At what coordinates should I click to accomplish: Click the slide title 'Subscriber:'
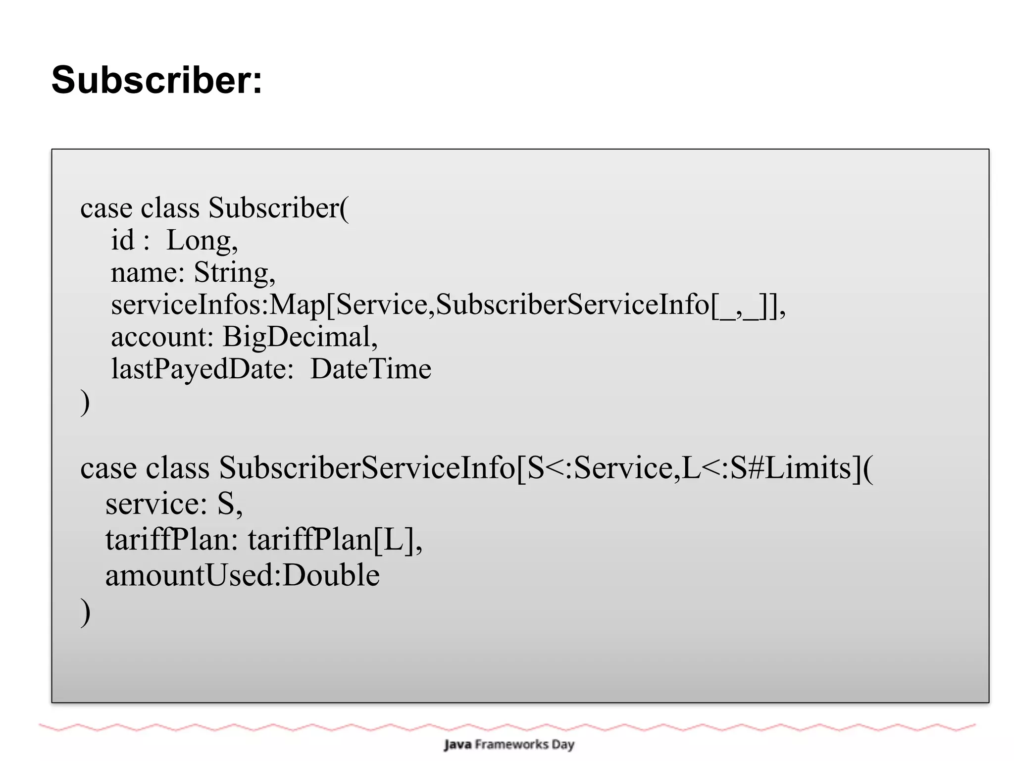[x=156, y=80]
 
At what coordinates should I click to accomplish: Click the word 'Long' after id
[x=199, y=241]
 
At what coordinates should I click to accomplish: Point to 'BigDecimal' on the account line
[x=296, y=337]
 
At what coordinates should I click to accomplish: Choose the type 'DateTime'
[x=370, y=369]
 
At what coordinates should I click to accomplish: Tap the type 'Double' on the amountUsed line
[x=331, y=575]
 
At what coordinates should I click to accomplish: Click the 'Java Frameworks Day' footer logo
[x=508, y=744]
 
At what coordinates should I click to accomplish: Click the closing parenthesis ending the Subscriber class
[x=85, y=402]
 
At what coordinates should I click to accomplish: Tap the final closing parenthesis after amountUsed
[x=85, y=612]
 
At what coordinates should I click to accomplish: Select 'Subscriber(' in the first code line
[x=278, y=208]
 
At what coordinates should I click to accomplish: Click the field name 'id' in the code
[x=122, y=241]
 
